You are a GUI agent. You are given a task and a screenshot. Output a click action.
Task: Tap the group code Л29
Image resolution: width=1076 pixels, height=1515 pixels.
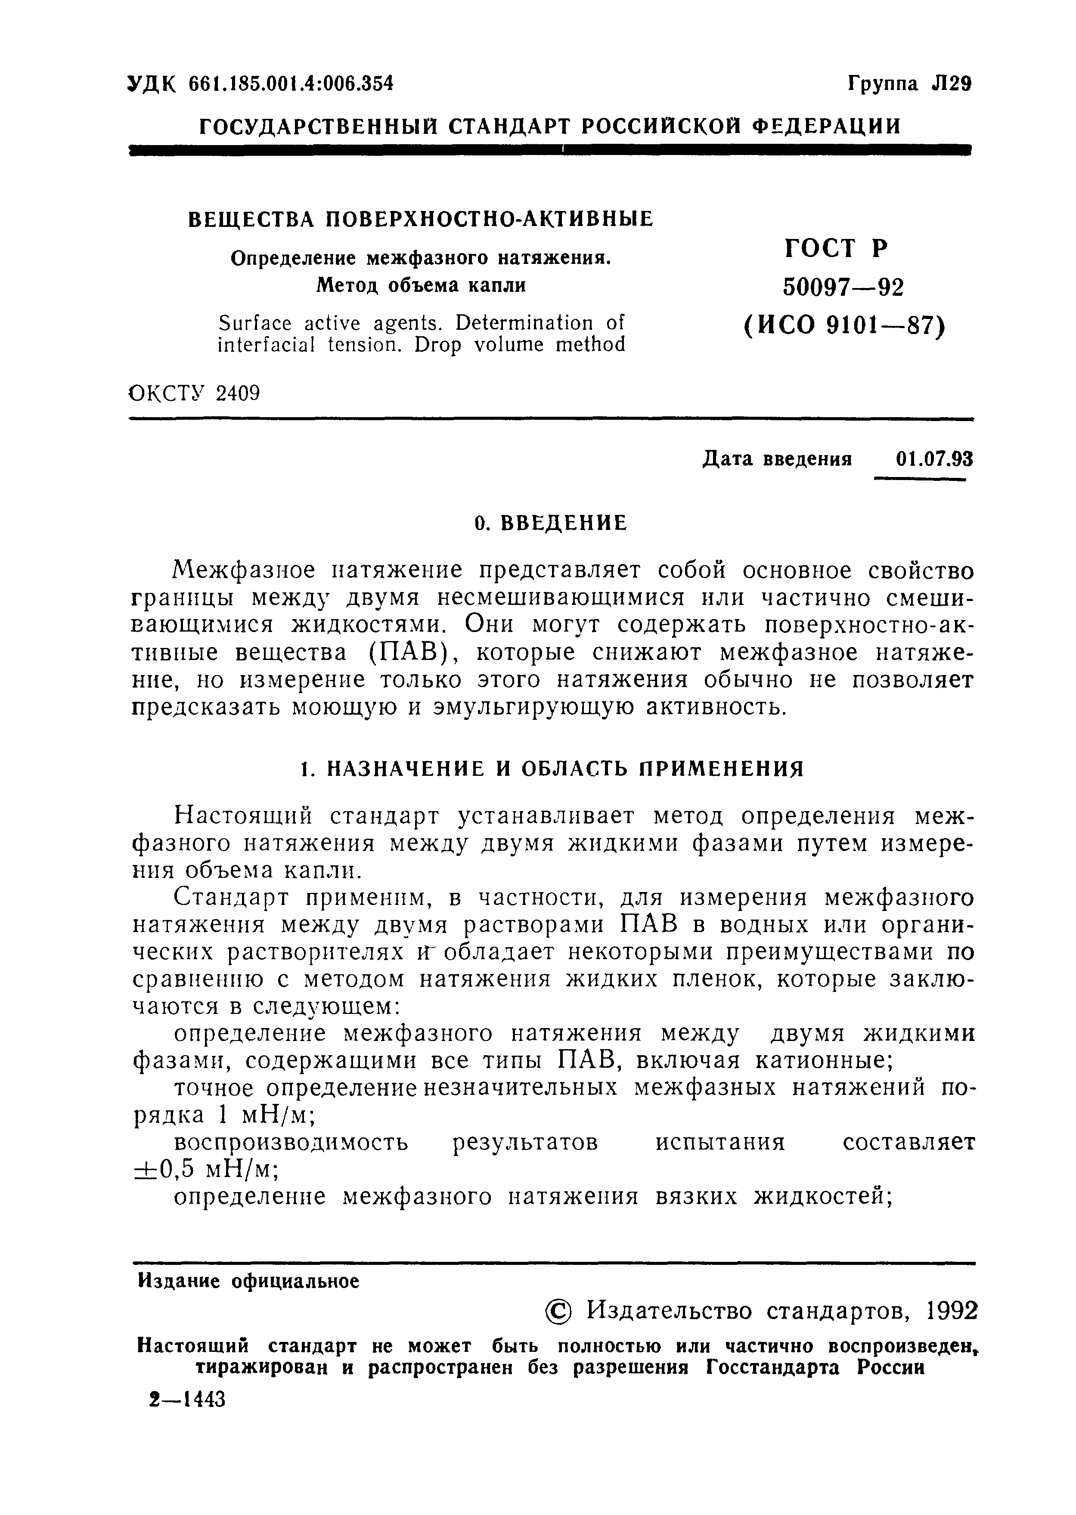tap(951, 84)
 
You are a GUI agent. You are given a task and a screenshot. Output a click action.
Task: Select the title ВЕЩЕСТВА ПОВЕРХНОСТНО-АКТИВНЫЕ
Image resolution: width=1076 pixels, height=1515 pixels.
tap(421, 219)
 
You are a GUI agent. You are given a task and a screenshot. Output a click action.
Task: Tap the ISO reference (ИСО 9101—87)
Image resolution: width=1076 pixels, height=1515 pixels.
tap(843, 325)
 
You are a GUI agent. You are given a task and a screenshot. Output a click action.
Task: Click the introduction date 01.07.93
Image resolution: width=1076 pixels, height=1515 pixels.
tap(933, 459)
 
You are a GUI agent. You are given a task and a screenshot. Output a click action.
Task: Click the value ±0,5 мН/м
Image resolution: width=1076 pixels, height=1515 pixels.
tap(205, 1169)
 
